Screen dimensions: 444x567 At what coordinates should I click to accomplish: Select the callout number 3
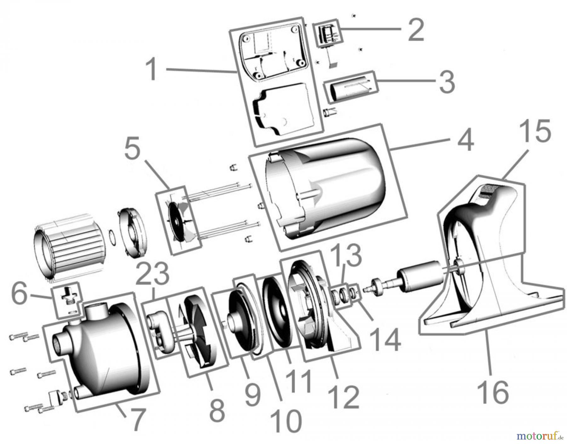point(447,81)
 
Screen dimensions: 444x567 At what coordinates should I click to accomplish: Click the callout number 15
point(535,131)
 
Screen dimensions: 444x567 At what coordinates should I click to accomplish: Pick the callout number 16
point(493,391)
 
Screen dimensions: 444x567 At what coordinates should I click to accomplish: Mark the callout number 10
point(286,421)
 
